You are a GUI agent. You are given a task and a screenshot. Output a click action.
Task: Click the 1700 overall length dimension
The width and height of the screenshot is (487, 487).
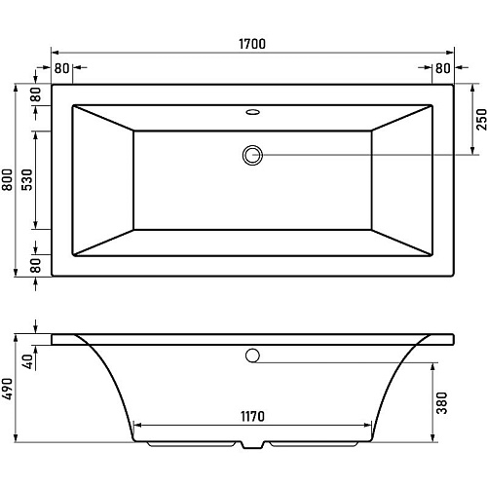(x=252, y=44)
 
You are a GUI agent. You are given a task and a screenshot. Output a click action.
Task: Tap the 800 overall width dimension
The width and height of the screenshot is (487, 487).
(x=7, y=179)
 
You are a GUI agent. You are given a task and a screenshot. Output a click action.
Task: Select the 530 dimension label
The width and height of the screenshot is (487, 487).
(x=27, y=179)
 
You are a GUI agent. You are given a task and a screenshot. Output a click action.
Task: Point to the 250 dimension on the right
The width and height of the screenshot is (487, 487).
(x=481, y=120)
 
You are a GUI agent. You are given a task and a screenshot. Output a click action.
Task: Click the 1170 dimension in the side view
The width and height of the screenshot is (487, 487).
(x=252, y=416)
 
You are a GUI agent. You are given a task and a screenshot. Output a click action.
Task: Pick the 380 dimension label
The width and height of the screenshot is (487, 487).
(x=441, y=403)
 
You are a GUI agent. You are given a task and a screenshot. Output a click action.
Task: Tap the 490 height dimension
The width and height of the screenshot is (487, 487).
(x=7, y=389)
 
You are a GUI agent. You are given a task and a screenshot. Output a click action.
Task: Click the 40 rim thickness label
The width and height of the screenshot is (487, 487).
(x=28, y=361)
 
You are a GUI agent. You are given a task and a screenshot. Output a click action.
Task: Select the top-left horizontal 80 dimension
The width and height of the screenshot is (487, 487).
(x=61, y=68)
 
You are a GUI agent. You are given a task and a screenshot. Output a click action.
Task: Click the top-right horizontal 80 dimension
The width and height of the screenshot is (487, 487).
(x=443, y=68)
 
